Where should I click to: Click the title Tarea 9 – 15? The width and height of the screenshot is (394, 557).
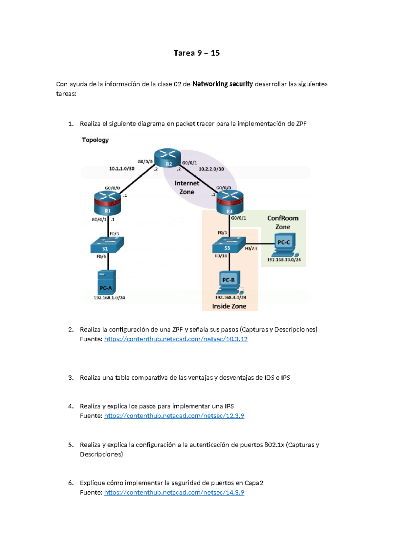[197, 53]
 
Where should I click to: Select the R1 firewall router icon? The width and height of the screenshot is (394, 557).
[107, 203]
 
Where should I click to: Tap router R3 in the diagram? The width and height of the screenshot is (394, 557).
[230, 202]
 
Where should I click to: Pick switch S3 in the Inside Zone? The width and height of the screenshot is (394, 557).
[229, 245]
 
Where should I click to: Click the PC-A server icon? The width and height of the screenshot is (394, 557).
[106, 282]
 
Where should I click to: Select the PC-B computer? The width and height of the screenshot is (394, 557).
[229, 282]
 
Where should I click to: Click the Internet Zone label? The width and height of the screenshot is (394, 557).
[187, 188]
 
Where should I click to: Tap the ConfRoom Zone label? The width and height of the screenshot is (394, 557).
[283, 222]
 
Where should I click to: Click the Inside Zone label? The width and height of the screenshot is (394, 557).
[229, 306]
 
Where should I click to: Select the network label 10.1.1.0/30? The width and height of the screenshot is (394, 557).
[122, 168]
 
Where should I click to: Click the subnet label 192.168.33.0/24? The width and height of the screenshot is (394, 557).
[284, 260]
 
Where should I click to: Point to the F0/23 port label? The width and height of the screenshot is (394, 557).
[251, 248]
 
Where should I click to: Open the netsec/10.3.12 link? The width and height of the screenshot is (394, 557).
[176, 339]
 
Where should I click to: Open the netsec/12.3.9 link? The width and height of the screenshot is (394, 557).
[174, 416]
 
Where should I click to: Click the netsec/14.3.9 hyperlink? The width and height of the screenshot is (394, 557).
[174, 492]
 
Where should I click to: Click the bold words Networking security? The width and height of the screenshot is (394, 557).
[223, 84]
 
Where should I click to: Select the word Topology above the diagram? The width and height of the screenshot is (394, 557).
[95, 140]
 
